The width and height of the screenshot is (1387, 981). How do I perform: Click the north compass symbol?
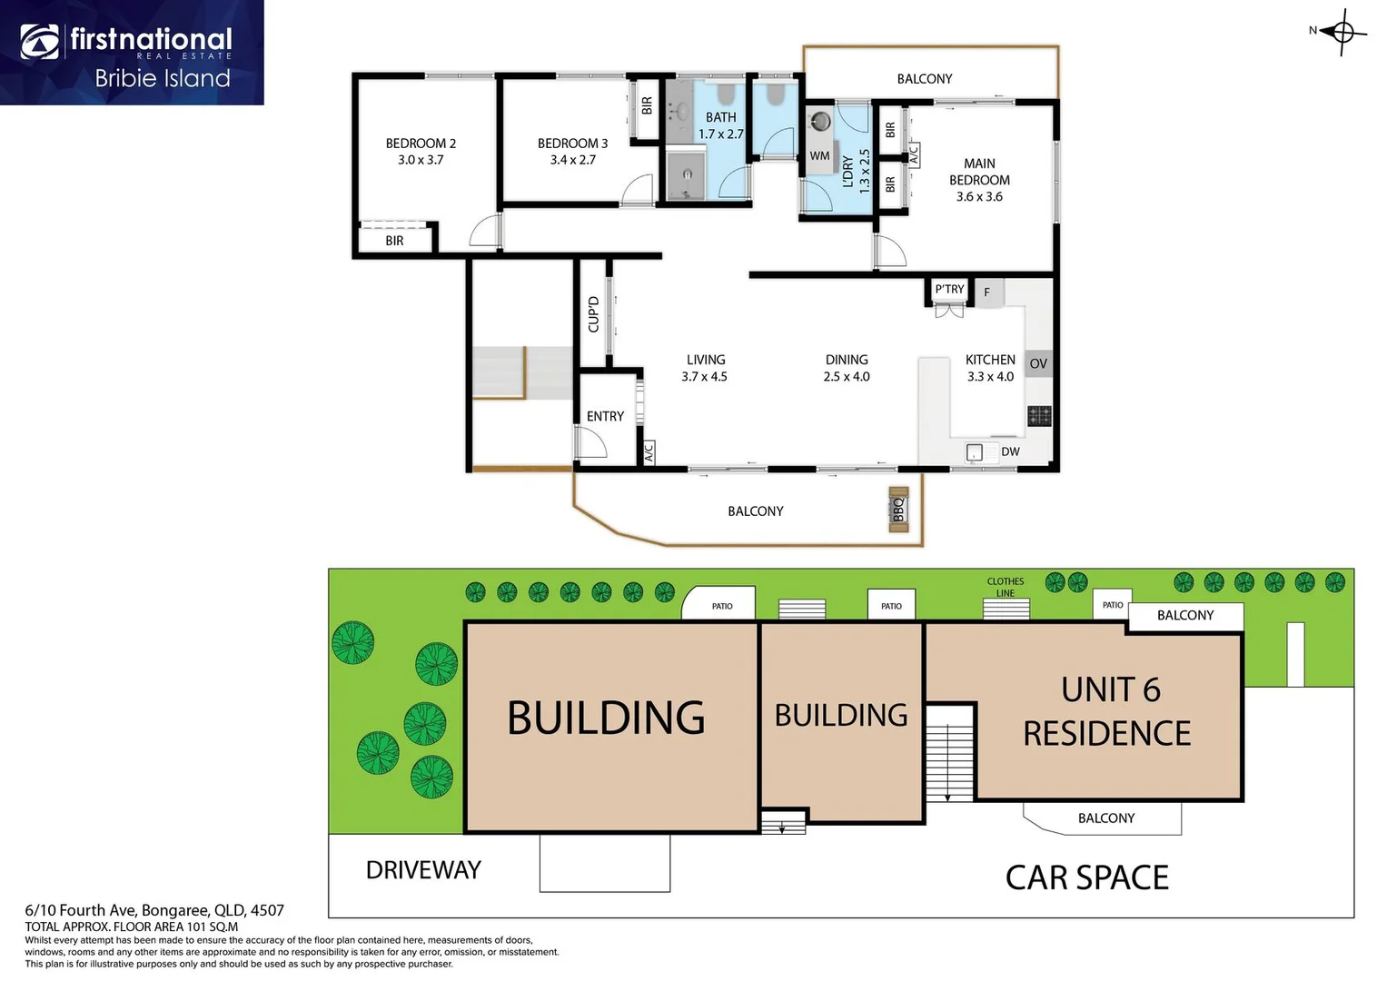pos(1342,33)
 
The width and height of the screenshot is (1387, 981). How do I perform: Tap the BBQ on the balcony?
pos(898,510)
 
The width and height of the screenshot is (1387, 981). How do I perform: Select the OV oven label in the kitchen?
pos(1038,363)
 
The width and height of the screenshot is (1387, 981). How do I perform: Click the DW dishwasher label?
pos(1010,451)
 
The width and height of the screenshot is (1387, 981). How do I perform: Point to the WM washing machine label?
pos(819,155)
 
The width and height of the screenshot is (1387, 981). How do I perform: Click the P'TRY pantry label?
pos(949,289)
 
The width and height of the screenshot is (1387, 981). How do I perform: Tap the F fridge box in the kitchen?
pos(987,292)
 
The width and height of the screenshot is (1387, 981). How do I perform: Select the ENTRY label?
pos(605,416)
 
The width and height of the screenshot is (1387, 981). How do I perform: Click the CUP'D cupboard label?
pos(593,314)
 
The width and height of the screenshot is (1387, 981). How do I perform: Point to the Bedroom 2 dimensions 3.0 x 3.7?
pos(421,160)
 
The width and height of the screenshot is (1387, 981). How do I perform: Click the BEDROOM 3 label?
pos(572,143)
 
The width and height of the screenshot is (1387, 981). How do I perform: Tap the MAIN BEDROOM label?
pos(979,172)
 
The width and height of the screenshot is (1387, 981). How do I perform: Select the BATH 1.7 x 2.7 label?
pos(721,125)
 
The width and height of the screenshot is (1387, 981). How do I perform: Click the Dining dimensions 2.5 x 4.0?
pos(847,376)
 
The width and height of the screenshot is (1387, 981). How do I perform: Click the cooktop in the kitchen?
pos(1039,416)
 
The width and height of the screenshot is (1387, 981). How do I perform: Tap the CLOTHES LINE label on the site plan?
pos(1006,587)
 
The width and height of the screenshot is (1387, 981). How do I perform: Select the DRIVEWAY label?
pos(423,870)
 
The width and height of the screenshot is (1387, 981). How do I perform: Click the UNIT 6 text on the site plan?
pos(1111,690)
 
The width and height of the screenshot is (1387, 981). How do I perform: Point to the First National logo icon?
pos(40,42)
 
